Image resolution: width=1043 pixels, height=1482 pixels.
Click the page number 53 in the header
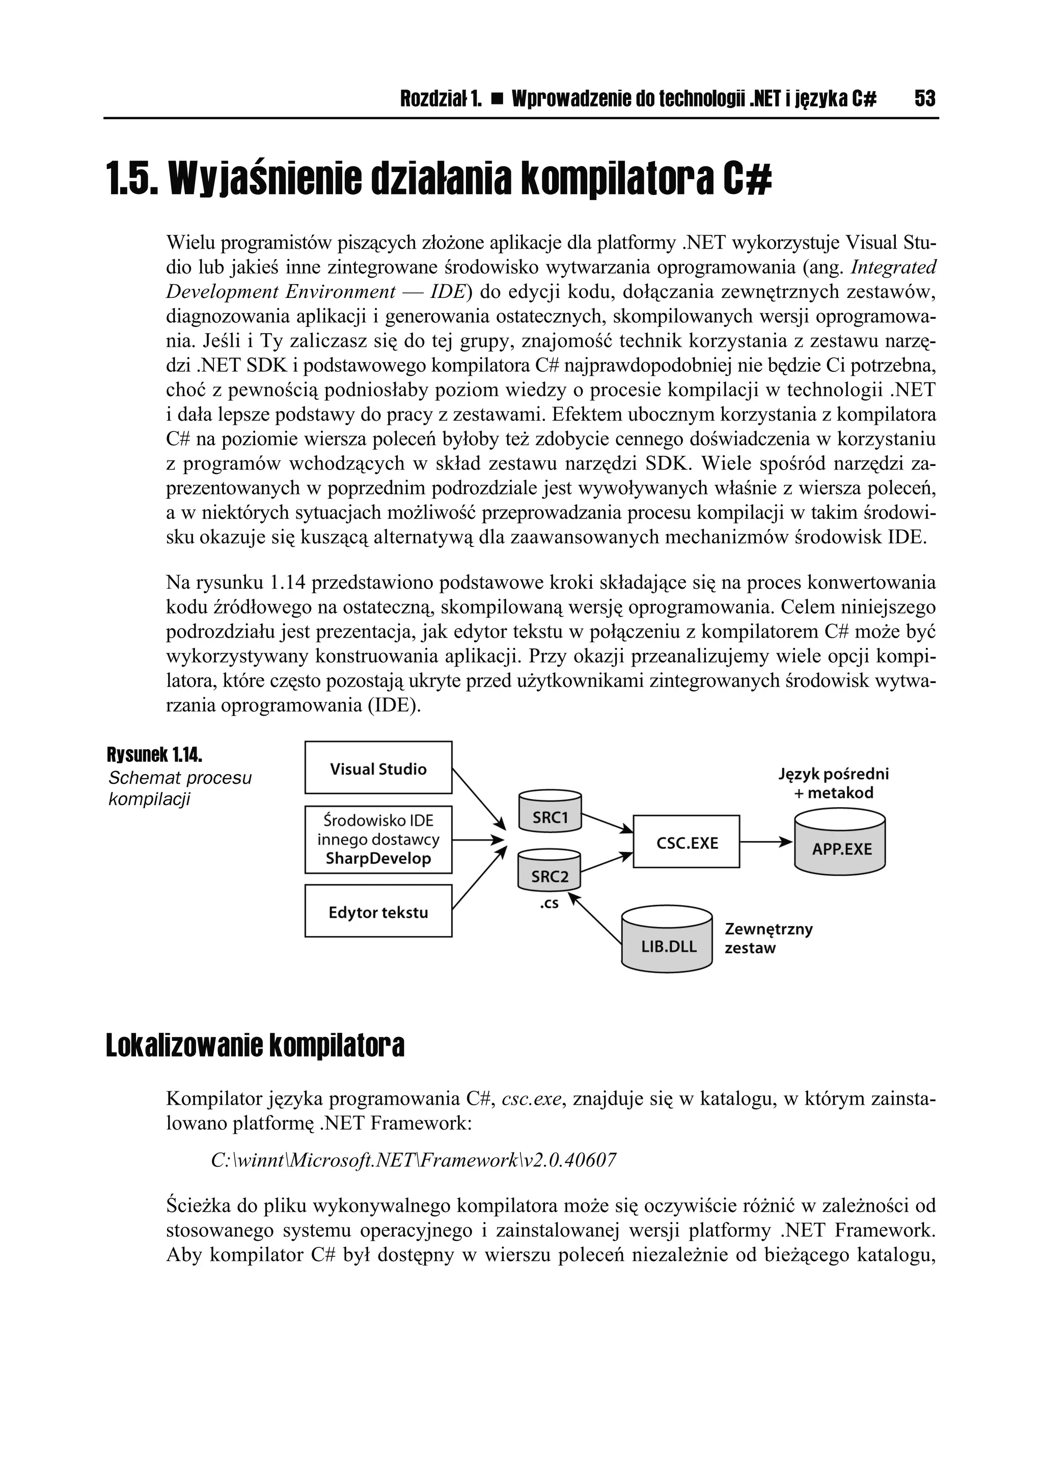pos(924,99)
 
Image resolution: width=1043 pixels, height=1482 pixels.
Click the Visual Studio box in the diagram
pos(378,768)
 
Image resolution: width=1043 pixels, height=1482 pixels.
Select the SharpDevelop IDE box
pos(378,839)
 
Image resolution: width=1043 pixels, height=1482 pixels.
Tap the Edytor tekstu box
pos(378,912)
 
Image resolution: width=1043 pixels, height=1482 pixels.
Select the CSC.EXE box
pos(686,842)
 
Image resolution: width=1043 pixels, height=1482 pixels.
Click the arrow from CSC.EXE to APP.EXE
pos(766,842)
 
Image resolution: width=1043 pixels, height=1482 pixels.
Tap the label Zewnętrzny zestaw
pos(768,939)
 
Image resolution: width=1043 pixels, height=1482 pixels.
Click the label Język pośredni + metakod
pos(833,783)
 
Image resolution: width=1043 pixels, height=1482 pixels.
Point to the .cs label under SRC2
pos(548,903)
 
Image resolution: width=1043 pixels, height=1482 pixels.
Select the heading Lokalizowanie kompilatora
pos(255,1047)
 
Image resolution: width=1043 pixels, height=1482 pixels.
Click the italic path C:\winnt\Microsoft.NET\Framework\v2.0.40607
pos(413,1161)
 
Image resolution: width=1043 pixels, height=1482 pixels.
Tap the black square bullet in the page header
pos(497,99)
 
